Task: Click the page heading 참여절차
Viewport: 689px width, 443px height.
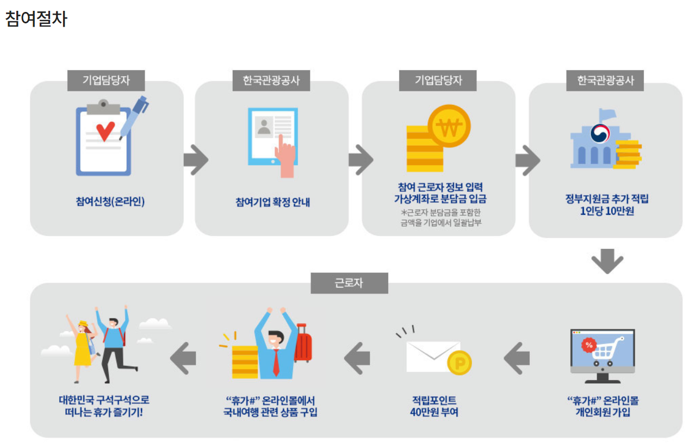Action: click(36, 19)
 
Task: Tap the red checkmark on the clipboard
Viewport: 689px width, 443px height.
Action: click(105, 130)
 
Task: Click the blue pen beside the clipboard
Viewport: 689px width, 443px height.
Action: click(134, 116)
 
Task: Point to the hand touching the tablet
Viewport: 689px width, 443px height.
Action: click(284, 158)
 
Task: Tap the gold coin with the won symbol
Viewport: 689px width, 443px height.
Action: click(449, 127)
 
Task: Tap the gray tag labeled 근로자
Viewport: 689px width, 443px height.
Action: click(349, 283)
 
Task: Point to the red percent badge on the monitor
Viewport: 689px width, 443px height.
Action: click(588, 345)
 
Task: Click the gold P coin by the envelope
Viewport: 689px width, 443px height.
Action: click(460, 363)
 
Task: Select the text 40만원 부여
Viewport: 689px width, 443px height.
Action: click(434, 412)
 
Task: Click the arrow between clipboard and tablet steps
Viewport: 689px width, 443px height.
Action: click(196, 160)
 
